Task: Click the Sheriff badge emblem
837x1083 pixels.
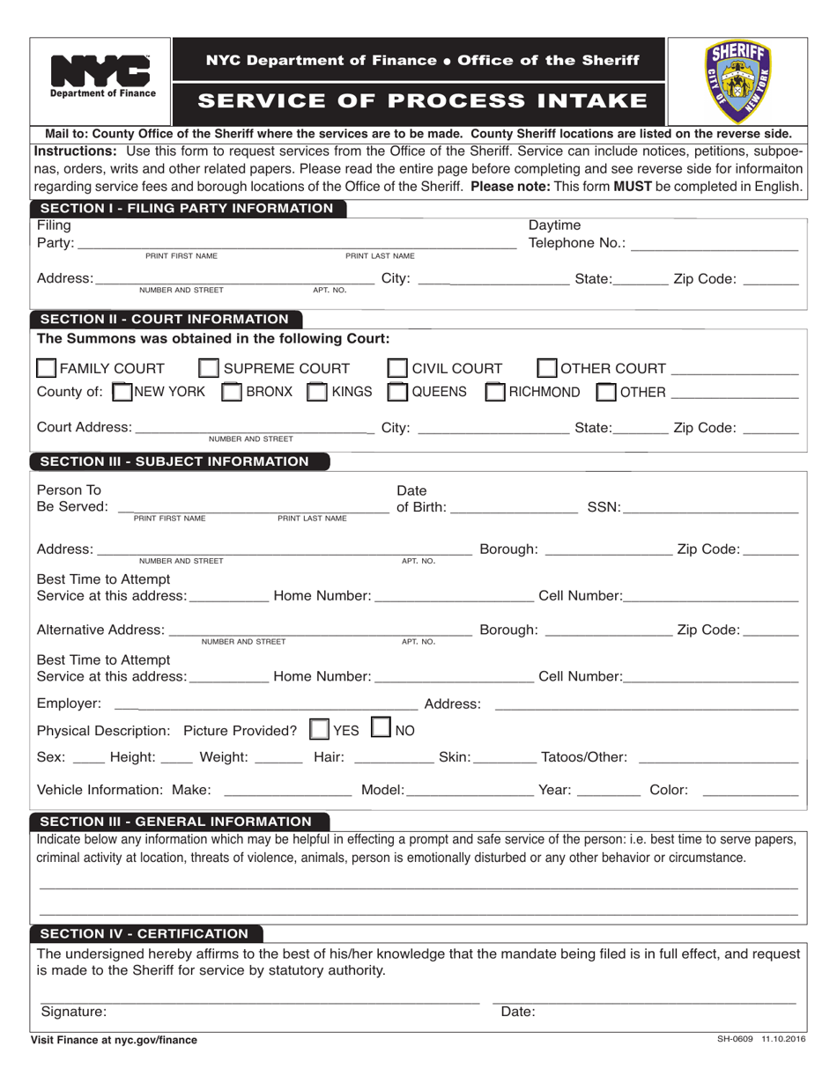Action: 737,81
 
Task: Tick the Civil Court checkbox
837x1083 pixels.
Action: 398,368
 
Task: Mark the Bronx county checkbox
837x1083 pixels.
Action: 231,392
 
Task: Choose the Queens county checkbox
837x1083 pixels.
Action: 398,392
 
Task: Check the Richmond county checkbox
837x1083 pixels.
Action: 496,392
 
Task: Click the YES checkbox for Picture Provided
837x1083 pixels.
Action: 320,730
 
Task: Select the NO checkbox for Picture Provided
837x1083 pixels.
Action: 381,729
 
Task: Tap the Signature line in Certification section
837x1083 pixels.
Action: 260,1001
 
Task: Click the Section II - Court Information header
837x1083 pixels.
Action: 165,319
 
